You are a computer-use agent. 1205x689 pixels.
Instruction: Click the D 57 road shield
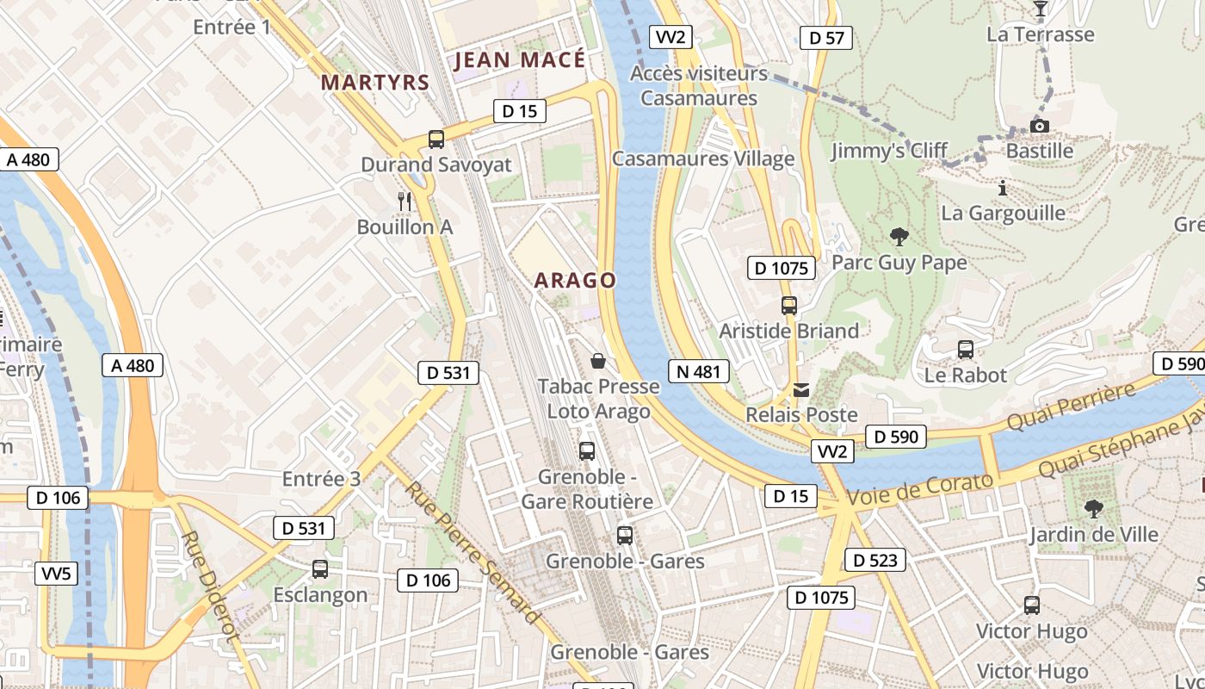pyautogui.click(x=826, y=37)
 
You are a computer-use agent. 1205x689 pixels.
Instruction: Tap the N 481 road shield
pyautogui.click(x=697, y=371)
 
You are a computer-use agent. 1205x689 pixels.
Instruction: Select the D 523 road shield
pyautogui.click(x=875, y=560)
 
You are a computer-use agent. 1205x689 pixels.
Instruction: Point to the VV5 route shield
pyautogui.click(x=58, y=574)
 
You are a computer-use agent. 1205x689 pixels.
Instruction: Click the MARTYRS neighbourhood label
pyautogui.click(x=374, y=83)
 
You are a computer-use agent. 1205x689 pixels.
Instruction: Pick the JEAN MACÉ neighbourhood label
pyautogui.click(x=519, y=59)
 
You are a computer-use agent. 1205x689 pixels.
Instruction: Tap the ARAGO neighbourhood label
pyautogui.click(x=575, y=280)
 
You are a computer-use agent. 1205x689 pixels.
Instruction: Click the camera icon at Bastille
pyautogui.click(x=1040, y=127)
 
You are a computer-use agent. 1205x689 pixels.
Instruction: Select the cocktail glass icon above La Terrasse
pyautogui.click(x=1040, y=9)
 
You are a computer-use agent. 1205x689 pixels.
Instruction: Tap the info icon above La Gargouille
pyautogui.click(x=1002, y=187)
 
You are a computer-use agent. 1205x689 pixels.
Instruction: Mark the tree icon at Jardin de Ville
pyautogui.click(x=1093, y=508)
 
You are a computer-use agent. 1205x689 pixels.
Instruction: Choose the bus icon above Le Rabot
pyautogui.click(x=965, y=350)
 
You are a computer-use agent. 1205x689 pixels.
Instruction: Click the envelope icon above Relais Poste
pyautogui.click(x=801, y=390)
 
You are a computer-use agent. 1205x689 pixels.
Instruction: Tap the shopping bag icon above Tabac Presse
pyautogui.click(x=598, y=361)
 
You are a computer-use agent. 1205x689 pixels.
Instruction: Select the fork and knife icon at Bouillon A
pyautogui.click(x=405, y=202)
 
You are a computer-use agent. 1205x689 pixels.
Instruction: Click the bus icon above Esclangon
pyautogui.click(x=320, y=568)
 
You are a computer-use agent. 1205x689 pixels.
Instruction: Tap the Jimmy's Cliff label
pyautogui.click(x=889, y=152)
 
